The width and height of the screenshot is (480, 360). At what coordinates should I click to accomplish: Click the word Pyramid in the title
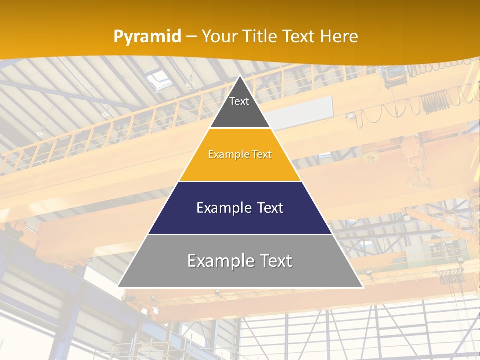(147, 37)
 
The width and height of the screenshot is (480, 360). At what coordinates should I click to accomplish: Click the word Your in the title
(220, 37)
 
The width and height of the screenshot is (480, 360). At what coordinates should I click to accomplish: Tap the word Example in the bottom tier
(220, 261)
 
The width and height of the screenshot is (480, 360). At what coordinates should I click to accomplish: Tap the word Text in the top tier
(239, 101)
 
